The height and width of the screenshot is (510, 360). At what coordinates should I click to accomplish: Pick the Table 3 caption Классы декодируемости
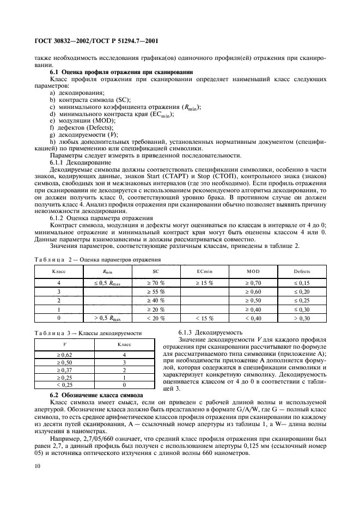coord(88,333)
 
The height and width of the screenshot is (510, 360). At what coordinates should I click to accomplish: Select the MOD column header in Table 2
coord(253,271)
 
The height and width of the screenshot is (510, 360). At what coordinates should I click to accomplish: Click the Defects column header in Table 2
coord(302,271)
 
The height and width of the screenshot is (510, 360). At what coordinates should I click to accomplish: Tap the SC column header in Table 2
coord(157,271)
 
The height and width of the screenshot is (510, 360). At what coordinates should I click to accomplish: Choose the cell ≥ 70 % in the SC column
coord(157,283)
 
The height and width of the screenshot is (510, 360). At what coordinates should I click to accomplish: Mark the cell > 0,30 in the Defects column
coord(302,318)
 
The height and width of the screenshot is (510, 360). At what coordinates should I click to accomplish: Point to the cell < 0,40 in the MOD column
coord(253,318)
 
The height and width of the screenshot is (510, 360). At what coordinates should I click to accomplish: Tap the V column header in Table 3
coord(65,344)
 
